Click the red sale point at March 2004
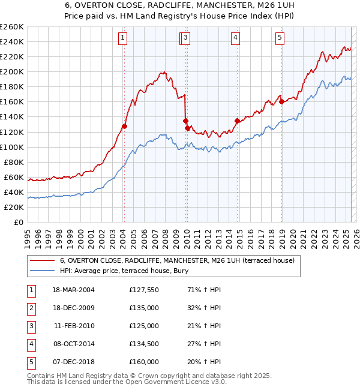[124, 126]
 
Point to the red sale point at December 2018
[281, 101]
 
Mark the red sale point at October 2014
[237, 121]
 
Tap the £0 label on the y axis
[18, 222]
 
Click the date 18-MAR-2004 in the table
[73, 290]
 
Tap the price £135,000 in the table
[144, 308]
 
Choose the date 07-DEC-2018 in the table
[73, 362]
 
